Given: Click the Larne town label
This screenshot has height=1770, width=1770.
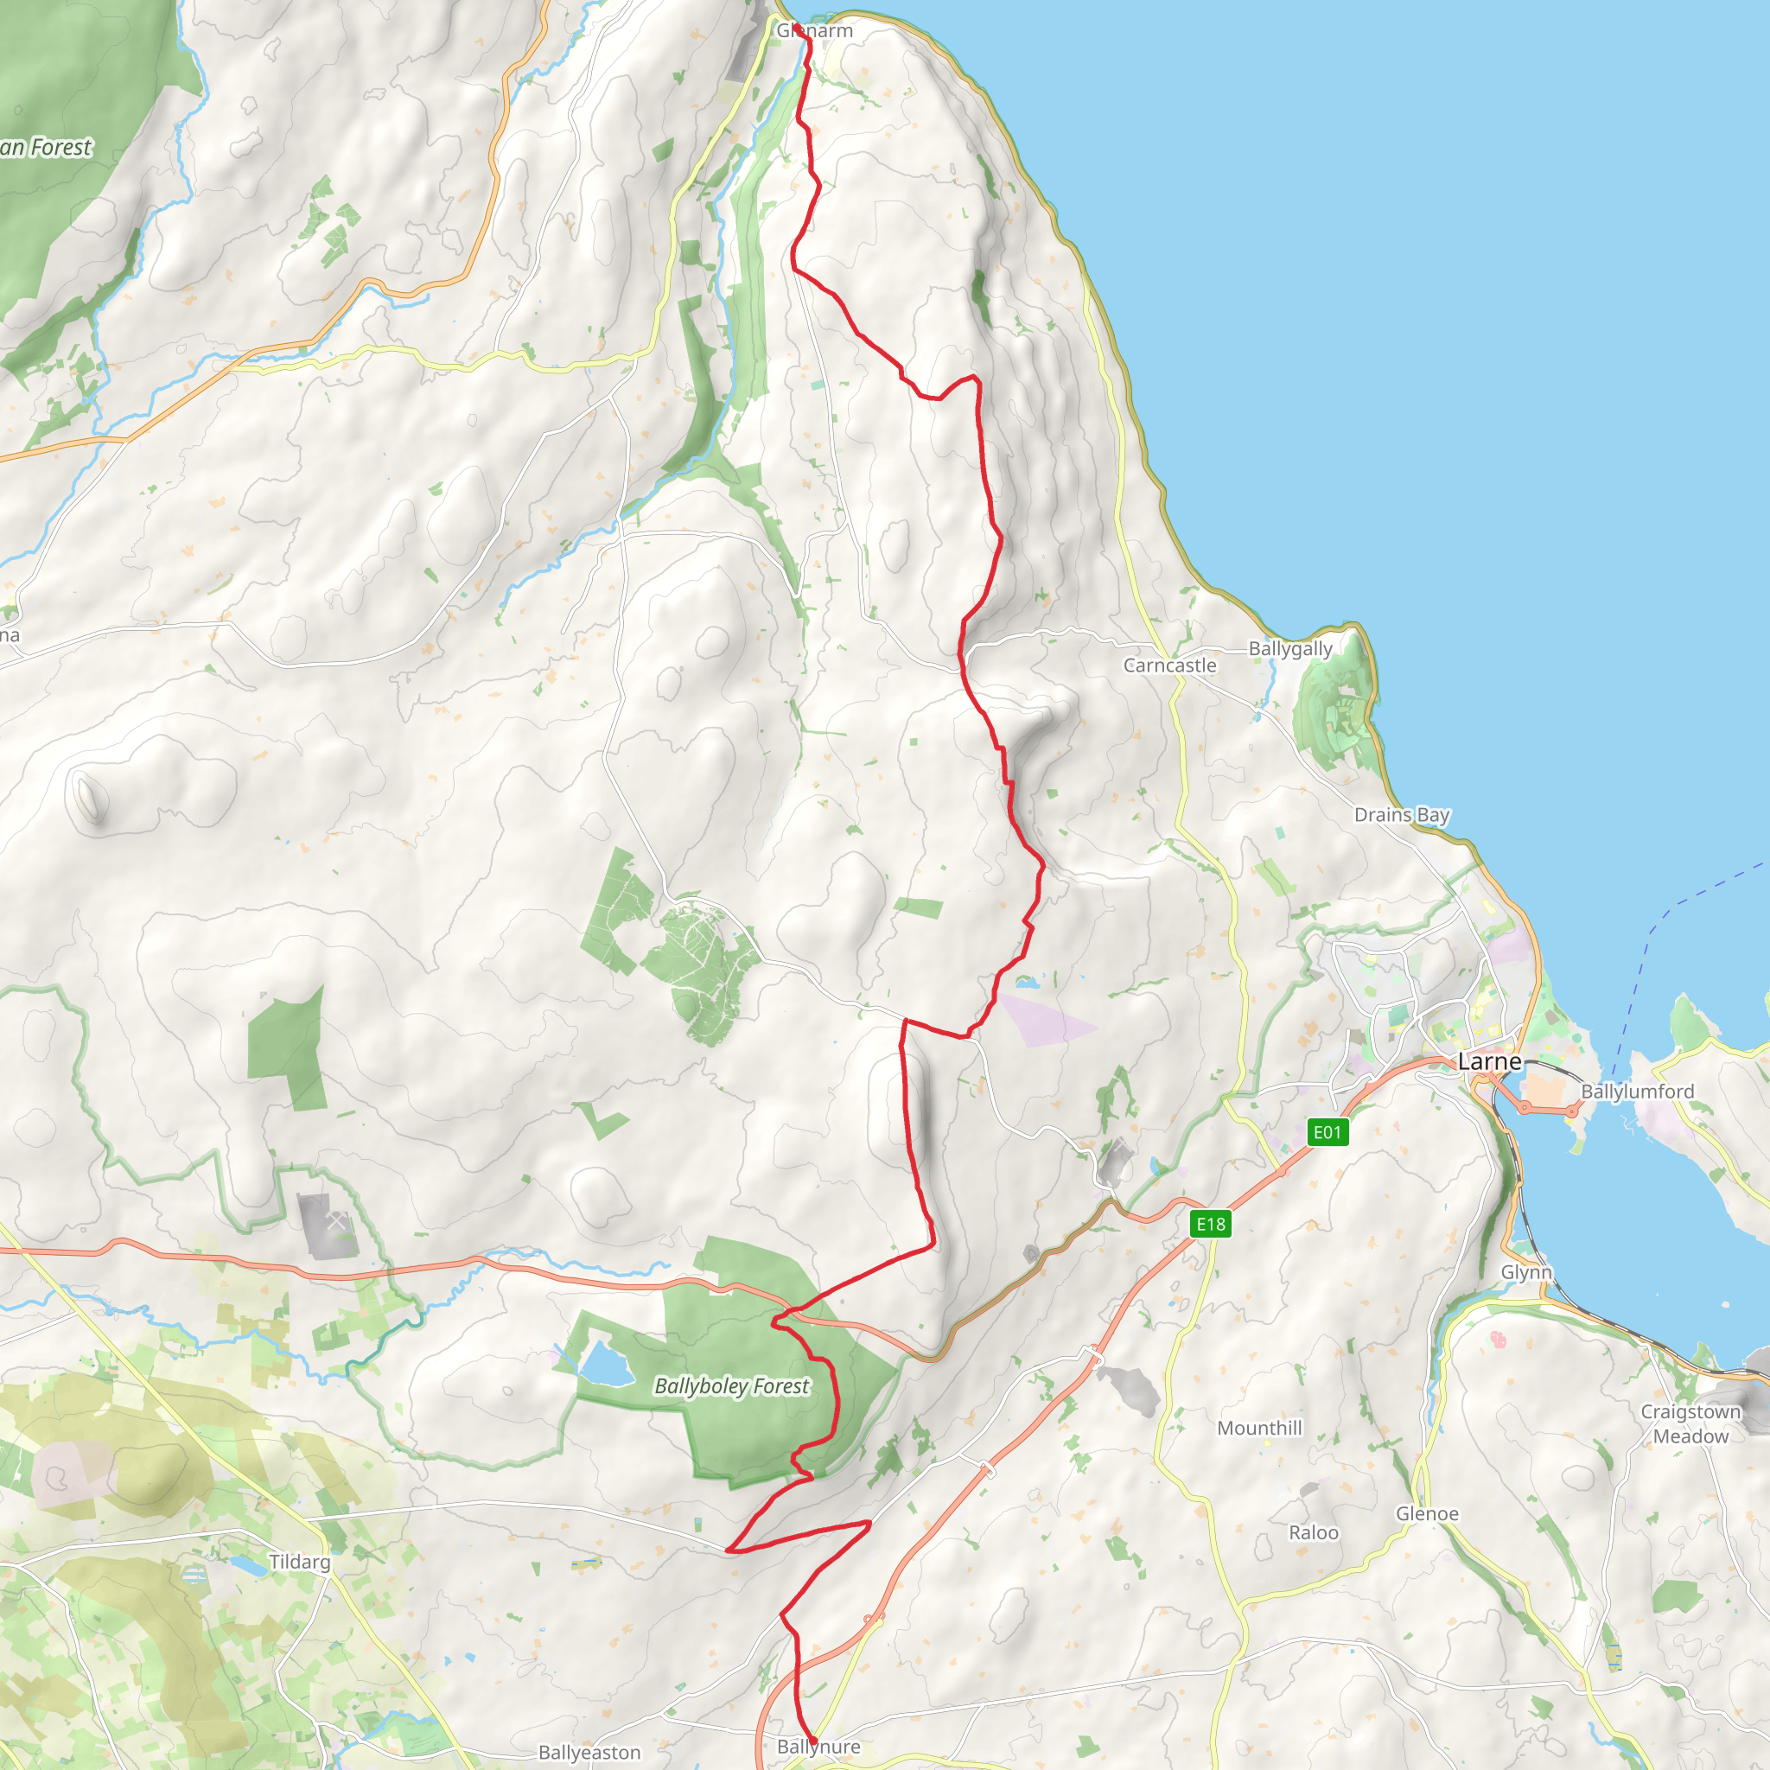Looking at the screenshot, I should [x=1489, y=1062].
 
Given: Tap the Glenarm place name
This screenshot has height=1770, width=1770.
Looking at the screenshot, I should [x=814, y=31].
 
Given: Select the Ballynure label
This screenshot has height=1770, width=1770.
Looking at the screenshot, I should [x=818, y=1746].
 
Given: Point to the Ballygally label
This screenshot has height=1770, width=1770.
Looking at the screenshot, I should [x=1290, y=649].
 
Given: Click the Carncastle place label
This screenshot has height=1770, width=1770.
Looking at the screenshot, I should [x=1170, y=665].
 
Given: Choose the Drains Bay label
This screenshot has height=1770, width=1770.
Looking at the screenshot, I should [x=1402, y=814].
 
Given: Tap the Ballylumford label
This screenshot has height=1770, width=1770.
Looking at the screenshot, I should [x=1637, y=1092].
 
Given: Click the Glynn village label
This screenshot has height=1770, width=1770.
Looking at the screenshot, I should [x=1526, y=1271].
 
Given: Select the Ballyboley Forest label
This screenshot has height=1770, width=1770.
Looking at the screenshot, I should [x=731, y=1386].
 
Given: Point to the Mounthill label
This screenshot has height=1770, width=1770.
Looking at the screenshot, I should [x=1258, y=1428].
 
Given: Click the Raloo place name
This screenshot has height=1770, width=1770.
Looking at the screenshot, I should [x=1313, y=1532].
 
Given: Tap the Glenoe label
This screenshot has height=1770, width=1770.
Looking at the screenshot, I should [x=1426, y=1513].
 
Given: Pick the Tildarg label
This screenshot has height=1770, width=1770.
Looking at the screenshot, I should [x=300, y=1561].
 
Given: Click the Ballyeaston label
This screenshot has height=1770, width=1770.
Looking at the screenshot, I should [x=589, y=1752].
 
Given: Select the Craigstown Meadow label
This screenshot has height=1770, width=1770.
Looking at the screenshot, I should [x=1690, y=1423].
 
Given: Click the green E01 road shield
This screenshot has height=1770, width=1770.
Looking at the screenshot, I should [x=1327, y=1132].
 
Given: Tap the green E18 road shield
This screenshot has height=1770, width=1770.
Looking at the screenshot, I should [x=1210, y=1224].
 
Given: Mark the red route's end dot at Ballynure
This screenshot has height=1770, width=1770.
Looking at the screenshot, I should [x=812, y=1739].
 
